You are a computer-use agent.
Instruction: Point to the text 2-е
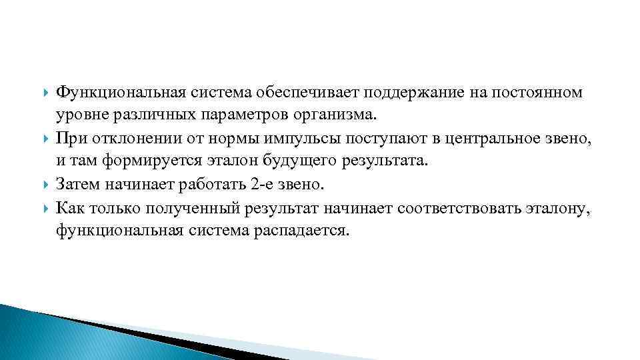point(267,185)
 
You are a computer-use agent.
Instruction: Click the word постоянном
point(538,92)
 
